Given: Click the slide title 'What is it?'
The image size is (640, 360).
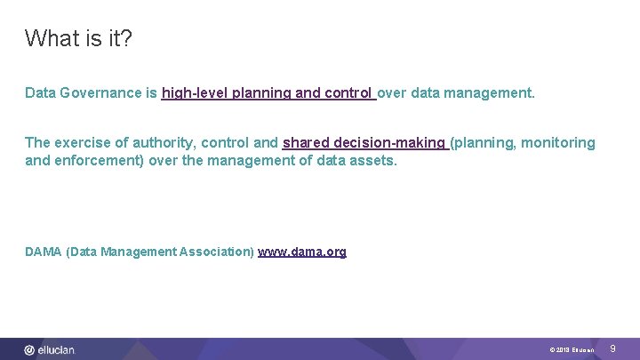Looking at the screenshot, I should [x=79, y=39].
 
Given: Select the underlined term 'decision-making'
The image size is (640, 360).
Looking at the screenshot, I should [x=389, y=143].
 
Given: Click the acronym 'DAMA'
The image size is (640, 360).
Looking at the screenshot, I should [x=44, y=252].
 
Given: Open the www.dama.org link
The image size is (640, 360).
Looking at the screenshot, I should [x=302, y=252].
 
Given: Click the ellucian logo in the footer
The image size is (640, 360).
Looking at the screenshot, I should [x=50, y=350].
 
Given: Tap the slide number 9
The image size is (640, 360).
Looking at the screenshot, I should [x=612, y=349].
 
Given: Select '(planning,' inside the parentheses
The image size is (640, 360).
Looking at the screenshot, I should [x=484, y=143].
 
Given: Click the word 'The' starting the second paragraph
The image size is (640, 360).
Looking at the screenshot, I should [x=37, y=143].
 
